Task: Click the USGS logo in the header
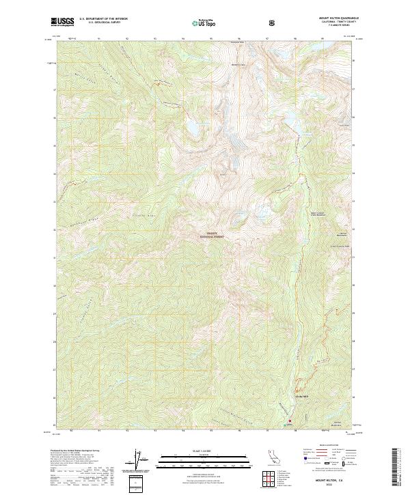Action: point(63,23)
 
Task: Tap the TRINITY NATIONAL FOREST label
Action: point(211,234)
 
